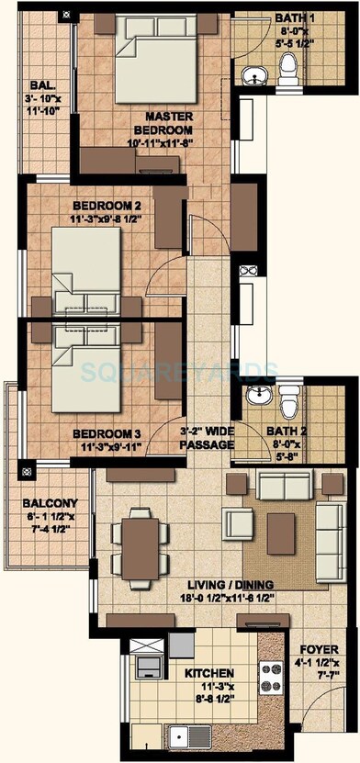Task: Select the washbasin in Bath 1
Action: click(x=249, y=73)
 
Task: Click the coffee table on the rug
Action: click(x=281, y=526)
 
